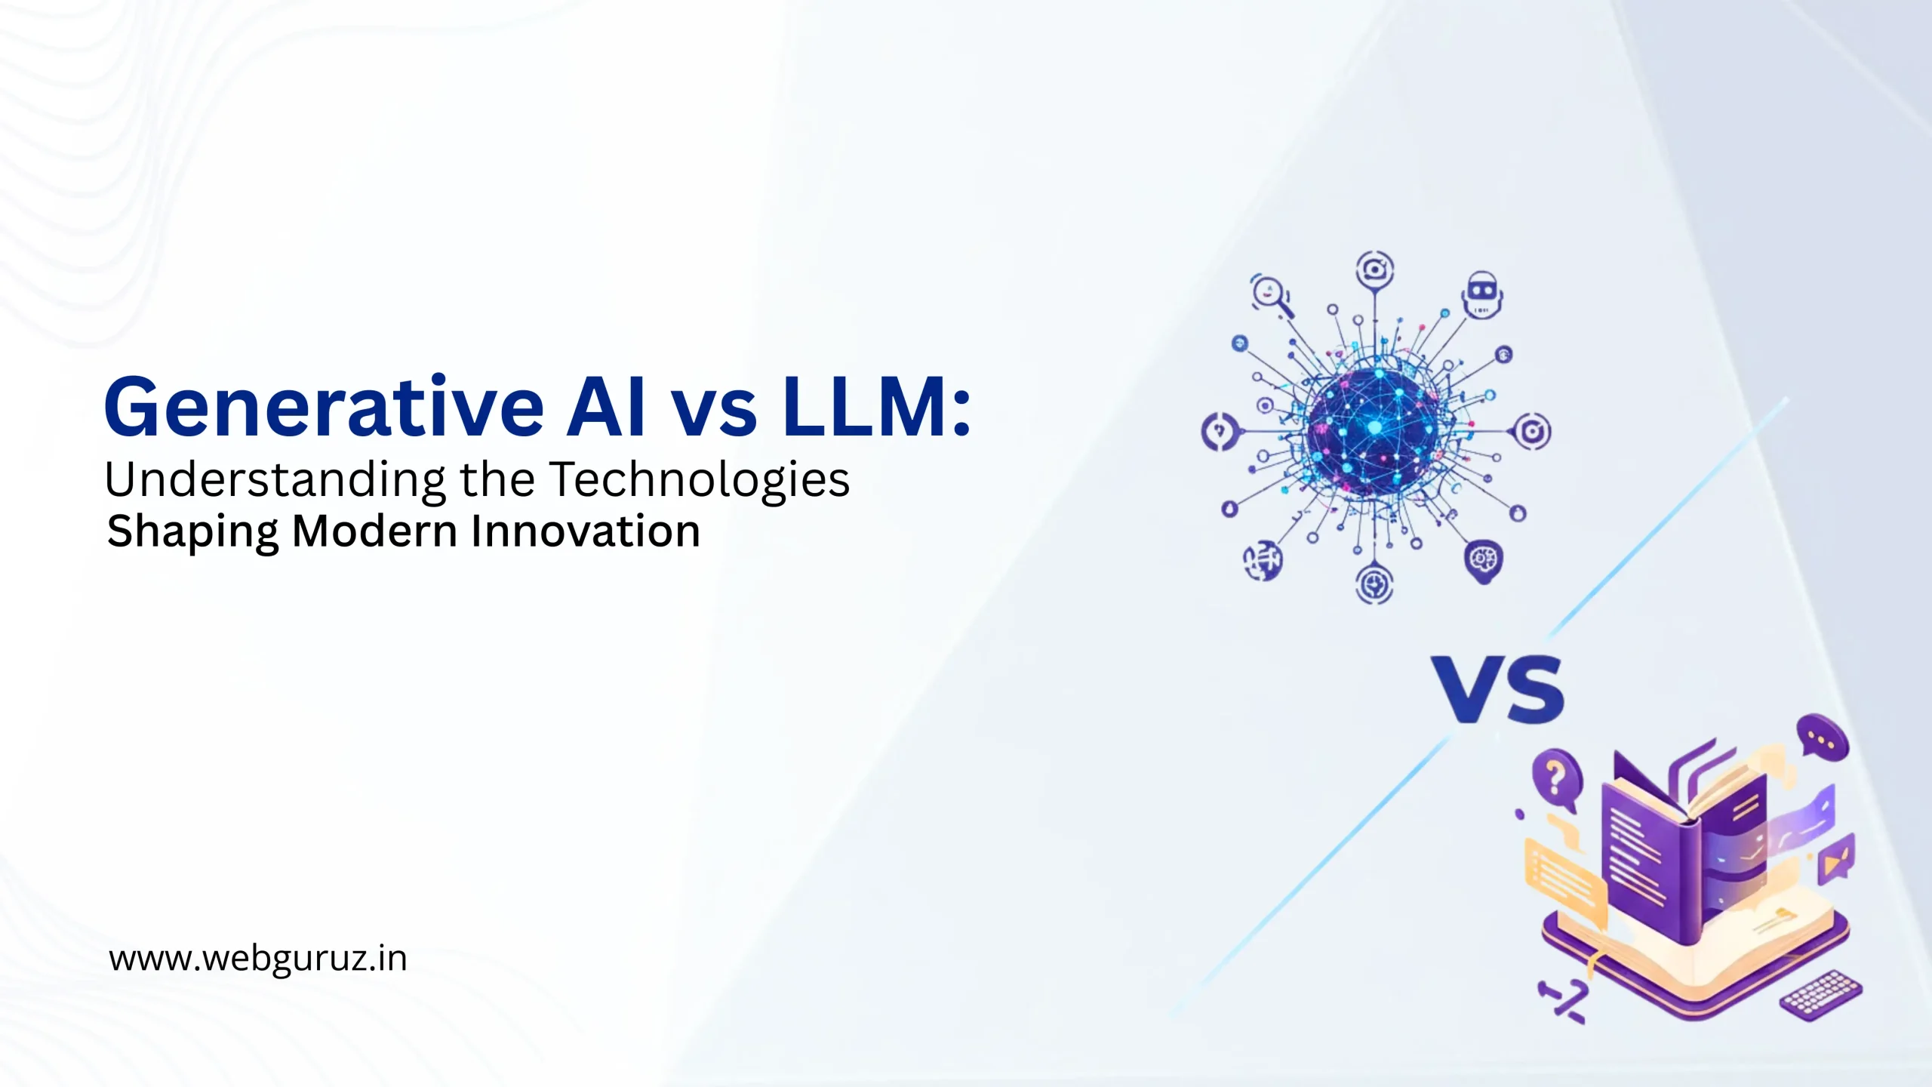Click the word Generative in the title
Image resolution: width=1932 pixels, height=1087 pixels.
click(x=324, y=408)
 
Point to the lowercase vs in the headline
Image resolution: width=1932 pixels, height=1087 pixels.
click(x=714, y=414)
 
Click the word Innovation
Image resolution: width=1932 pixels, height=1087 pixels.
click(x=586, y=531)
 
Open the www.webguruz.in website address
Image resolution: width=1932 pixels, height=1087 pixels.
click(x=258, y=959)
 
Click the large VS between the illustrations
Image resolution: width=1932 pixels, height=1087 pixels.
click(x=1498, y=688)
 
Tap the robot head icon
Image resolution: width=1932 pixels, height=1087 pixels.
click(x=1482, y=294)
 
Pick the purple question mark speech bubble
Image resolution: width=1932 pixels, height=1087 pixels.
click(x=1555, y=778)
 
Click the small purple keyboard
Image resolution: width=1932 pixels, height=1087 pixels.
click(x=1820, y=995)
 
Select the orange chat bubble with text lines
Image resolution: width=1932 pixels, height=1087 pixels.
click(x=1565, y=879)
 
